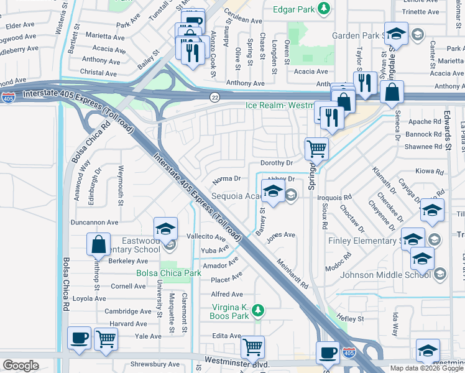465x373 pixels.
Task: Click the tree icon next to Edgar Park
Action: [323, 8]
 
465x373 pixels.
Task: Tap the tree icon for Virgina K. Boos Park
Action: [262, 309]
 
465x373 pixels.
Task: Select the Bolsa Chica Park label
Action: [168, 273]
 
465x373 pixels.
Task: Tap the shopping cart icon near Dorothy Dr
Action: [317, 149]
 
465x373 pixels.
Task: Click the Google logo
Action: [21, 366]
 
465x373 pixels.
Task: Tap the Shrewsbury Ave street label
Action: [155, 364]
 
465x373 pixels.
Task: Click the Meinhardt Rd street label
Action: [293, 274]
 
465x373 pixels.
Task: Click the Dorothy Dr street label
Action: [277, 163]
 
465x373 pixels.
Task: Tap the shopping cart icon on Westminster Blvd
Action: [252, 346]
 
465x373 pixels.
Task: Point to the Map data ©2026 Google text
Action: [426, 368]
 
